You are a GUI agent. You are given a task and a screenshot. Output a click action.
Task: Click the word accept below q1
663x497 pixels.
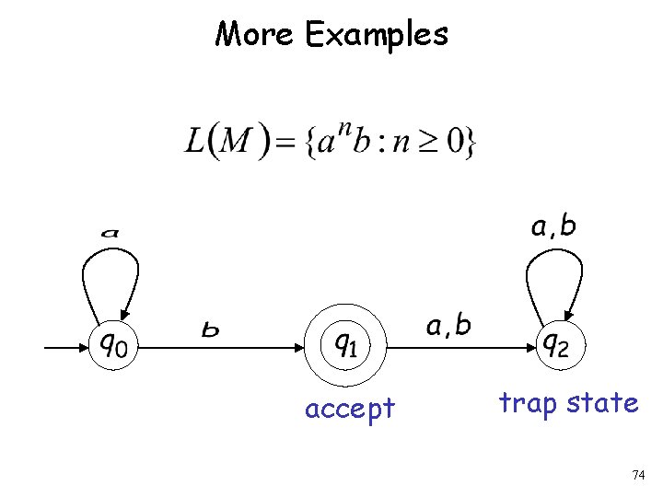(x=349, y=408)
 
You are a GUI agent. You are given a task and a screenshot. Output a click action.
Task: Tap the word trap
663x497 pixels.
(x=527, y=404)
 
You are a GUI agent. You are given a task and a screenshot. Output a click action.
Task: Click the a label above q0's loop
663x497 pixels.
(x=110, y=233)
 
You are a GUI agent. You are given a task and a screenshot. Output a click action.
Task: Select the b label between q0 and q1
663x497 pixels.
(x=211, y=329)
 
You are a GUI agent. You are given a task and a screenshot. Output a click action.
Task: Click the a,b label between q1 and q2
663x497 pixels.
(x=448, y=325)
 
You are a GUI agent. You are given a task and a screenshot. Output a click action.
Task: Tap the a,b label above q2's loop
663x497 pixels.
(x=553, y=226)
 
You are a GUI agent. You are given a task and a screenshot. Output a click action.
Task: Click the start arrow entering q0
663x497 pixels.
(x=64, y=347)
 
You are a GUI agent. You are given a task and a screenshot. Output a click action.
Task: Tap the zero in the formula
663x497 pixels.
(x=457, y=142)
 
